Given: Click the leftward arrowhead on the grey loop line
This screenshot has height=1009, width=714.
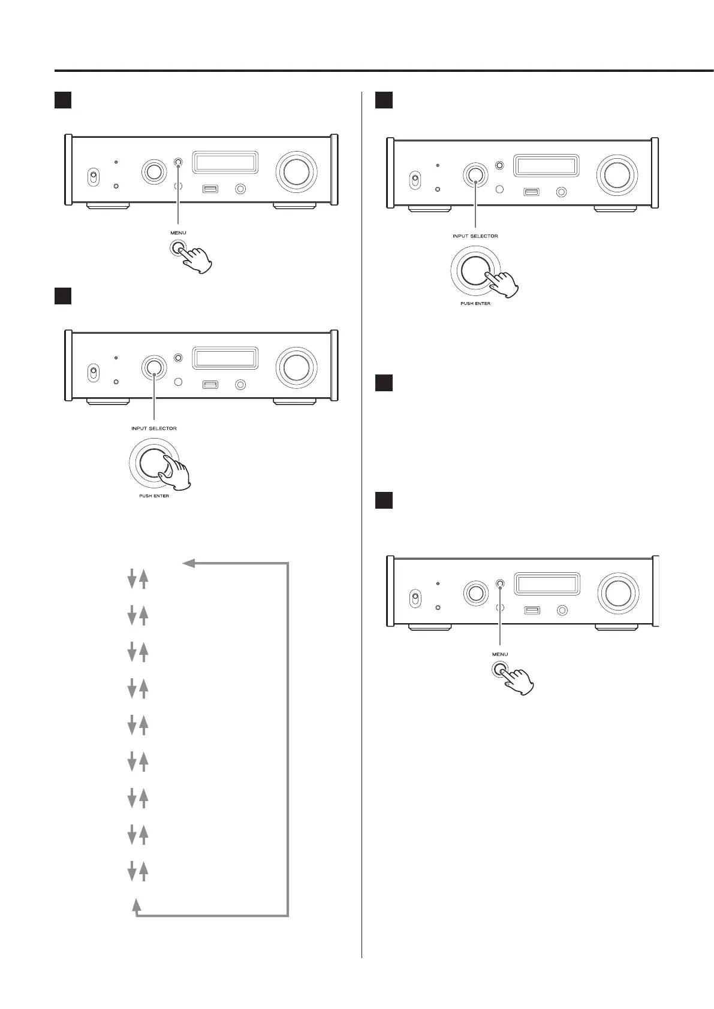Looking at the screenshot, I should [x=188, y=563].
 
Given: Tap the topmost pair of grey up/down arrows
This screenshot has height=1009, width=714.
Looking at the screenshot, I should [x=137, y=579].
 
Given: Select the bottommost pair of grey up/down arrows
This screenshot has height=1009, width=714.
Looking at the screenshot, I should [x=137, y=871].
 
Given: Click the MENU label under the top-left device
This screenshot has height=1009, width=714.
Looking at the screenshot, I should [x=178, y=232].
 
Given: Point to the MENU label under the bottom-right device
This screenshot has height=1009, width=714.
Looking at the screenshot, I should [x=499, y=654].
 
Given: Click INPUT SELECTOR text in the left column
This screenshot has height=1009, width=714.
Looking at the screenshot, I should [x=154, y=428].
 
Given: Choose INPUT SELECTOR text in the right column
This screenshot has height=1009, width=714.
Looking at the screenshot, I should [x=475, y=236].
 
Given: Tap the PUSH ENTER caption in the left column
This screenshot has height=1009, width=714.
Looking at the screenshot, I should [x=154, y=496].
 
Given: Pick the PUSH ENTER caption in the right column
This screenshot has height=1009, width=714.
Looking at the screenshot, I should [x=475, y=304].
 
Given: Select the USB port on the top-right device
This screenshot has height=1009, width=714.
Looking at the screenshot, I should [x=531, y=192].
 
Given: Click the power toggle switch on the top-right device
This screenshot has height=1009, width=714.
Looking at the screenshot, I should [x=414, y=179].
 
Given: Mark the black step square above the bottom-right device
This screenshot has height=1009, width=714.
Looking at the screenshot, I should [x=384, y=500].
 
